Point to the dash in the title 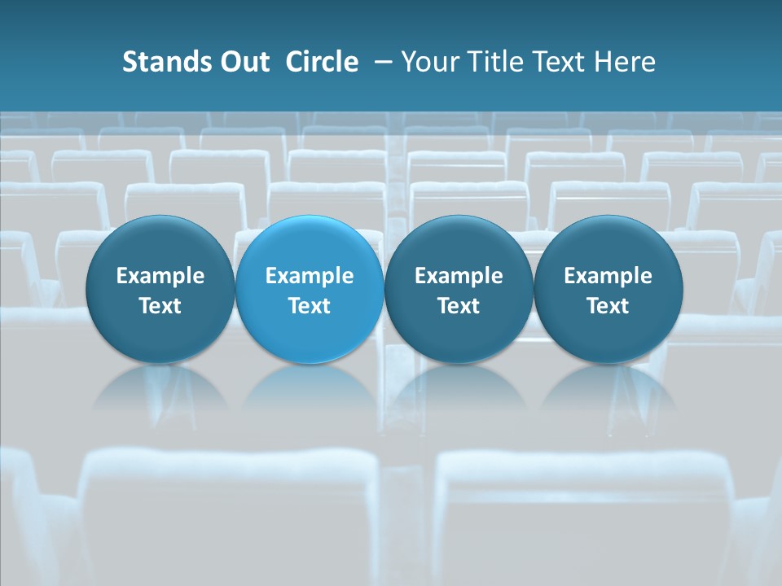point(380,62)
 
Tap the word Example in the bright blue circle point(310,276)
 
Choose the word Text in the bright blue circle point(310,306)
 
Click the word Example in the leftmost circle point(160,276)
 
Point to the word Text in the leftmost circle point(160,306)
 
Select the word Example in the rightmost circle point(608,276)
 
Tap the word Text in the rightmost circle point(608,306)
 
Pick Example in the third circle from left point(459,276)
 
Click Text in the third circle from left point(459,306)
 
